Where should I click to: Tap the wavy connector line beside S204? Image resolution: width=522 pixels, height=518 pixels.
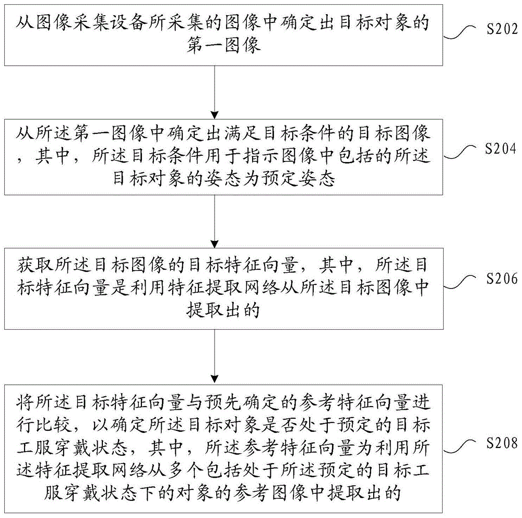(x=462, y=153)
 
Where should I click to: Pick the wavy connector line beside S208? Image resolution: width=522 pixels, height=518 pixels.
(x=462, y=450)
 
